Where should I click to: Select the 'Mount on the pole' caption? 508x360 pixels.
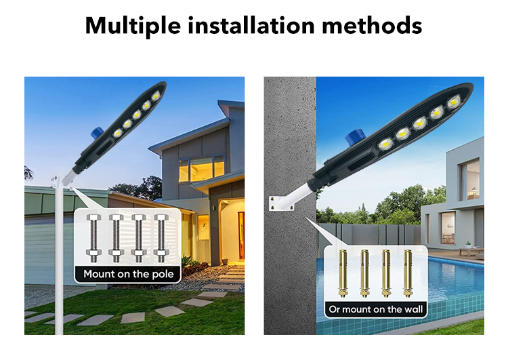[x=129, y=275]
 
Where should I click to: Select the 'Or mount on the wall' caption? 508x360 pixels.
[x=375, y=310]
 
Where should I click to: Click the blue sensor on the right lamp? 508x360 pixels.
[x=352, y=138]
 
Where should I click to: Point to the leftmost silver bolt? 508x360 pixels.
[x=95, y=238]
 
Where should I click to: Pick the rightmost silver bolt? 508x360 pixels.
[x=161, y=238]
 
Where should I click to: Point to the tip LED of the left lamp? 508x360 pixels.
[x=156, y=96]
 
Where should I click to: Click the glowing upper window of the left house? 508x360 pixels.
[x=201, y=168]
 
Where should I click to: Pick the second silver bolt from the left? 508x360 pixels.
[x=117, y=238]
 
